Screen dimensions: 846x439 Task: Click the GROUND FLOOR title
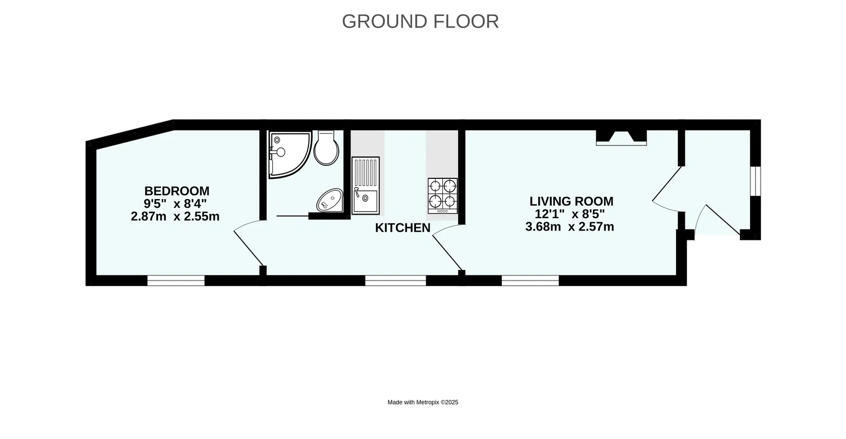420,21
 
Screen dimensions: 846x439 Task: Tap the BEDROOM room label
177,191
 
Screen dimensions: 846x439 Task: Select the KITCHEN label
403,228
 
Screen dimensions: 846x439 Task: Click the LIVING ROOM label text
571,201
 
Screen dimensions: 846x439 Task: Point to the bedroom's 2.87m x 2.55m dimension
175,216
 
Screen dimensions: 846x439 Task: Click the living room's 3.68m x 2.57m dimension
569,227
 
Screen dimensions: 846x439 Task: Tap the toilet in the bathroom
327,148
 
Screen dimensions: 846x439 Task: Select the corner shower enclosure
290,154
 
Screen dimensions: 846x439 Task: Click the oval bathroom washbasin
330,200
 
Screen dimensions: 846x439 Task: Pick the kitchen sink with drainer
365,185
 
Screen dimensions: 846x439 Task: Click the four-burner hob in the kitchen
443,196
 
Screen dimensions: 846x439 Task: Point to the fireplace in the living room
621,138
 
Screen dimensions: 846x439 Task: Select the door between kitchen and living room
447,247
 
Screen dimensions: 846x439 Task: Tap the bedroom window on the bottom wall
176,280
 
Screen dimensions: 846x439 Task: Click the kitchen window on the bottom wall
396,280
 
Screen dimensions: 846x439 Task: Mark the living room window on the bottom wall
530,280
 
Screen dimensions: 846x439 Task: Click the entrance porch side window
756,181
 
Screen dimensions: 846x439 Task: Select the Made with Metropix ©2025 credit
423,402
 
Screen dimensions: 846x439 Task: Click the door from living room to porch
667,189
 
